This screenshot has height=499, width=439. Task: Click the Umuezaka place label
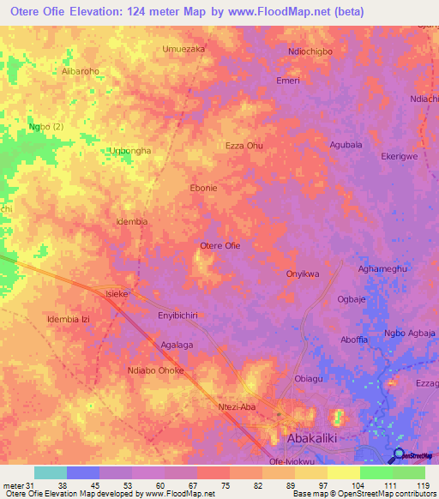click(183, 50)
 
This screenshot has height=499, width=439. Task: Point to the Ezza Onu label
click(244, 146)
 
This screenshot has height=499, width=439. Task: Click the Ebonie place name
click(203, 188)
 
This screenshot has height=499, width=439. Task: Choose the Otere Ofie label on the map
click(219, 246)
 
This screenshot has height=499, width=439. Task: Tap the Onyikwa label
click(303, 274)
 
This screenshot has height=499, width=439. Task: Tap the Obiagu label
click(309, 379)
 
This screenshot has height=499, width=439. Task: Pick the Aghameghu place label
click(382, 268)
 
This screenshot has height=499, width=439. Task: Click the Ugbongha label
click(130, 151)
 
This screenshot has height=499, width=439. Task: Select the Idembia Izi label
click(69, 319)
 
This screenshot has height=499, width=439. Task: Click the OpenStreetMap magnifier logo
click(400, 455)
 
